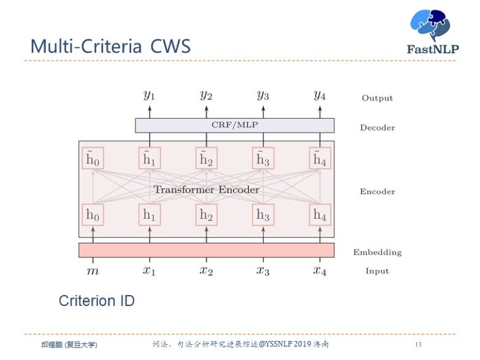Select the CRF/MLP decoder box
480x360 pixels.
pos(234,126)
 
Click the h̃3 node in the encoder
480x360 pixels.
pos(262,158)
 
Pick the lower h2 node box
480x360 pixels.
pos(206,215)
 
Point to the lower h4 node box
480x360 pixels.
pos(319,215)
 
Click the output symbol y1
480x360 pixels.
pos(149,95)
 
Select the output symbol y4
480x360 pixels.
pos(319,95)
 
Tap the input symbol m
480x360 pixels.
pos(92,271)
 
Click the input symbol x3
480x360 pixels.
pos(262,271)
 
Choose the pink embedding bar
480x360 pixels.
pos(206,250)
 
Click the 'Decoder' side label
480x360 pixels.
pos(377,128)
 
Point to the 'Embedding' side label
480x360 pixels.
pos(377,252)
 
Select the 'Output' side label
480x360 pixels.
pos(377,98)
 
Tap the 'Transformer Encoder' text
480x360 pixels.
pos(206,190)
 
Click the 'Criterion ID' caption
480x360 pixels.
pos(96,301)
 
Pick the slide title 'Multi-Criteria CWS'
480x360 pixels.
pos(110,47)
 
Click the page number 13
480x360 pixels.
pos(418,344)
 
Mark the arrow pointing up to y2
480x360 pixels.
pos(206,110)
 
